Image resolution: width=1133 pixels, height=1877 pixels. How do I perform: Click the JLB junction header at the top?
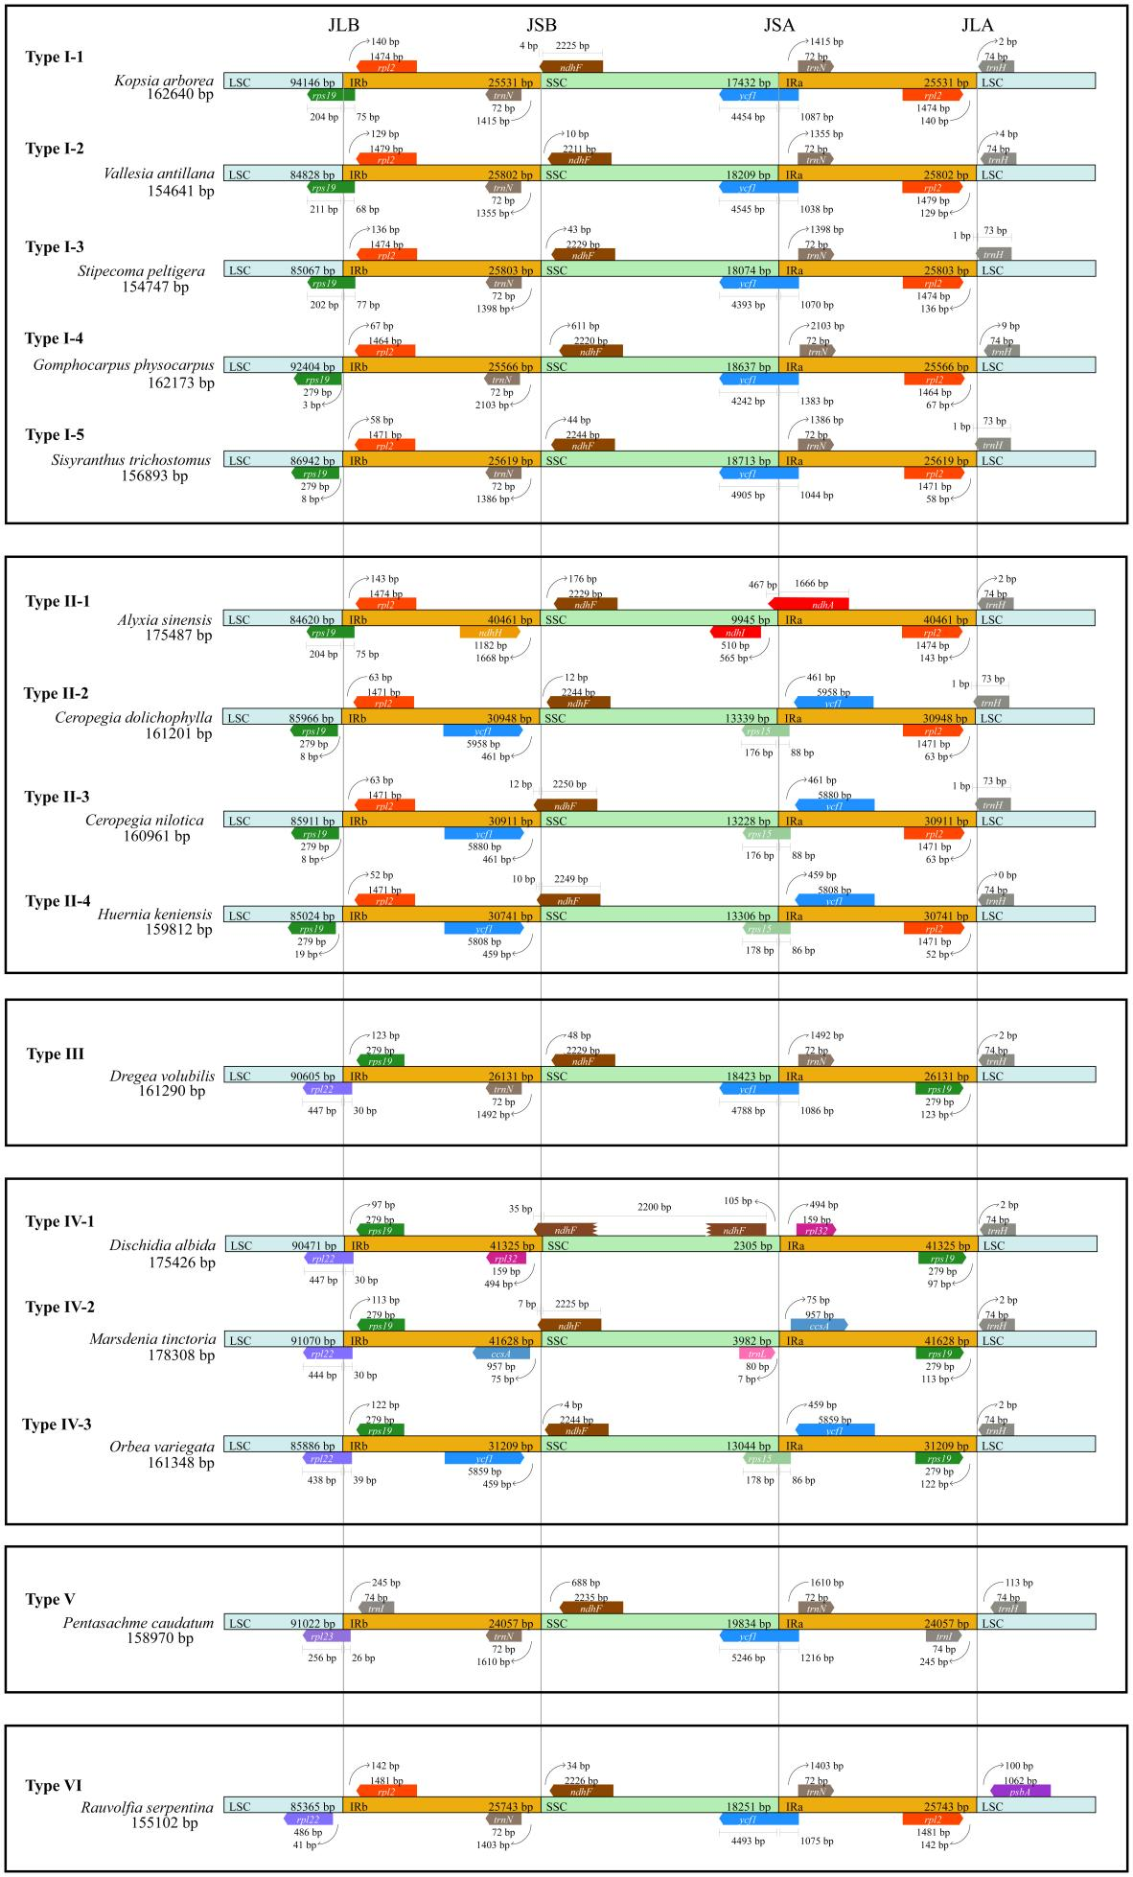[x=343, y=25]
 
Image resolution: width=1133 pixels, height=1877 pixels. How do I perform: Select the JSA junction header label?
[x=779, y=25]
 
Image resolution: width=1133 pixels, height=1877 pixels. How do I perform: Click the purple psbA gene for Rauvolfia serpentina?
[x=1020, y=1791]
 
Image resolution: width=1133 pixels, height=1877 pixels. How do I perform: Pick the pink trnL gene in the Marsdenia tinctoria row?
[x=756, y=1354]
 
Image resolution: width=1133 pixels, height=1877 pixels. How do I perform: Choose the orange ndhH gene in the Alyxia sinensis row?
[x=490, y=632]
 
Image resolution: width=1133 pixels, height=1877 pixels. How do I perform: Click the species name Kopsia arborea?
[x=164, y=81]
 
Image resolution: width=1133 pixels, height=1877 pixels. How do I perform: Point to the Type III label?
[x=56, y=1054]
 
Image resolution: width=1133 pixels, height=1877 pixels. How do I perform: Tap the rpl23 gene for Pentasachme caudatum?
[x=320, y=1636]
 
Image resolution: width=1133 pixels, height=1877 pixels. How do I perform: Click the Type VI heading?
[x=51, y=1786]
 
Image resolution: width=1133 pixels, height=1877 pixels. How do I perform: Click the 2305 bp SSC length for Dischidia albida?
[x=751, y=1246]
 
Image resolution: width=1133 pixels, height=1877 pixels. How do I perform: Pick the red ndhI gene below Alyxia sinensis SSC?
[x=735, y=632]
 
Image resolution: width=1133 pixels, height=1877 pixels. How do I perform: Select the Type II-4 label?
[x=58, y=901]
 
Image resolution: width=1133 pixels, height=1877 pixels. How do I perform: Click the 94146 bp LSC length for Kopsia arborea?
[x=312, y=82]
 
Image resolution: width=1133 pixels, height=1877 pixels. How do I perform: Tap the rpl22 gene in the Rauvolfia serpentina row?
[x=308, y=1819]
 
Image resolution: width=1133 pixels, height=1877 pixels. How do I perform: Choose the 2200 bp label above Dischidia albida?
[x=654, y=1207]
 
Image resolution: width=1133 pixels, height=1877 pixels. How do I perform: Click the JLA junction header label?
[x=978, y=25]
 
